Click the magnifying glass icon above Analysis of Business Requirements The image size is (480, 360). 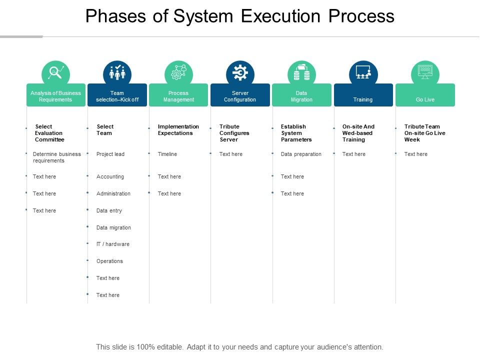click(55, 73)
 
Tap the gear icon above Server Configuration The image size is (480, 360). click(240, 73)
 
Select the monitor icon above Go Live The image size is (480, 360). click(425, 73)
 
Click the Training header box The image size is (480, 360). click(363, 95)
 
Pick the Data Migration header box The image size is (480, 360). click(301, 95)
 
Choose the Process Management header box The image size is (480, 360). click(178, 95)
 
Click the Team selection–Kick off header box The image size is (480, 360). click(117, 95)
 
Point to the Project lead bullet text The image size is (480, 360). click(110, 154)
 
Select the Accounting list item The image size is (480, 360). click(110, 176)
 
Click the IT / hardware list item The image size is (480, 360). click(113, 244)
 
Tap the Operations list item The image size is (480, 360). click(109, 261)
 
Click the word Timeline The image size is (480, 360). click(167, 154)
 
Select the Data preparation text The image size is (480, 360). click(301, 154)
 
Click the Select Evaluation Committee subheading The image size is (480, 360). click(49, 133)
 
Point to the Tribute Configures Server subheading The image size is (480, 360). click(234, 133)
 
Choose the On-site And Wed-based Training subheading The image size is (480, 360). click(358, 133)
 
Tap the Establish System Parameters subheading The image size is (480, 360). click(296, 133)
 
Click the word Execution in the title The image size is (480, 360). click(282, 16)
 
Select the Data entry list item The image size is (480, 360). click(109, 210)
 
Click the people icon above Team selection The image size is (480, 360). click(117, 73)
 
